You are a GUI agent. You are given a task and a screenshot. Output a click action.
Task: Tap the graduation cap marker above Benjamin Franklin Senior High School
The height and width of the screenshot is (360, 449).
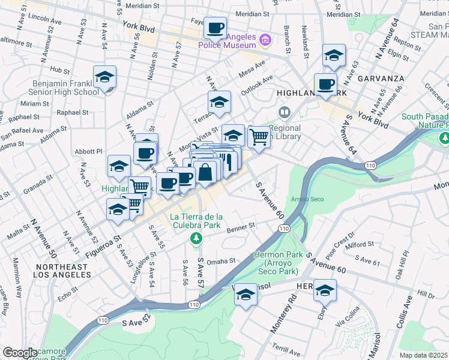click(x=104, y=77)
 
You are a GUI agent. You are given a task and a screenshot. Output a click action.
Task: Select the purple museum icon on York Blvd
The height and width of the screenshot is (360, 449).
click(x=265, y=41)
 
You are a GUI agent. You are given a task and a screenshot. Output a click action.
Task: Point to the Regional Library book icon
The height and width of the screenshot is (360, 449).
click(x=284, y=112)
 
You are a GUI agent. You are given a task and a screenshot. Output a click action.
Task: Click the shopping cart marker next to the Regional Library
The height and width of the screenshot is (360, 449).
click(x=259, y=136)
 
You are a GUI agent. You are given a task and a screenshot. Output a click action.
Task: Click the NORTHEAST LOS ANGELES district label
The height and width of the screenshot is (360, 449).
click(x=63, y=271)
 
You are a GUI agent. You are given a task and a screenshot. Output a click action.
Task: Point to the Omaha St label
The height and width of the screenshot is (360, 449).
click(x=221, y=261)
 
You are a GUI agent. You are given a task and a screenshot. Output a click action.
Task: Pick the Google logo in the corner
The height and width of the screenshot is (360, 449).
click(x=19, y=353)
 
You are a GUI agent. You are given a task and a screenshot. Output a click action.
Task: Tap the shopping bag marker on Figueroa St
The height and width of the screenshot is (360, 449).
click(x=205, y=172)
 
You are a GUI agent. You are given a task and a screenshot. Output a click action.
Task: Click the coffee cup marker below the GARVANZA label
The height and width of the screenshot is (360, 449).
click(x=325, y=84)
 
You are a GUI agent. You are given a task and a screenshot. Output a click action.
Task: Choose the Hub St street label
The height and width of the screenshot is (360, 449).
click(x=60, y=70)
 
